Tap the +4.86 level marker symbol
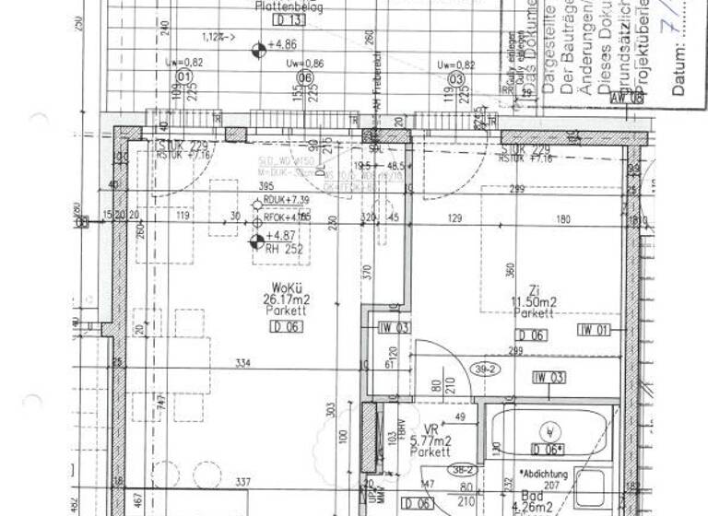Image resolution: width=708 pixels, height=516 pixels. click(257, 43)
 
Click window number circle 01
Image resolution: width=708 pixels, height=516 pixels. click(183, 78)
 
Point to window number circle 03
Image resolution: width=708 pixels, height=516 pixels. click(454, 79)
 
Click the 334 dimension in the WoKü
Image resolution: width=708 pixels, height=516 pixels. click(242, 363)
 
